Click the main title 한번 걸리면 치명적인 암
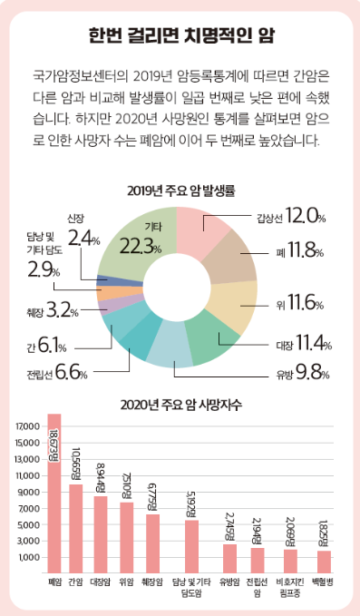click(182, 36)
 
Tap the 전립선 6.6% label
click(58, 372)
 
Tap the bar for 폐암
click(54, 481)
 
